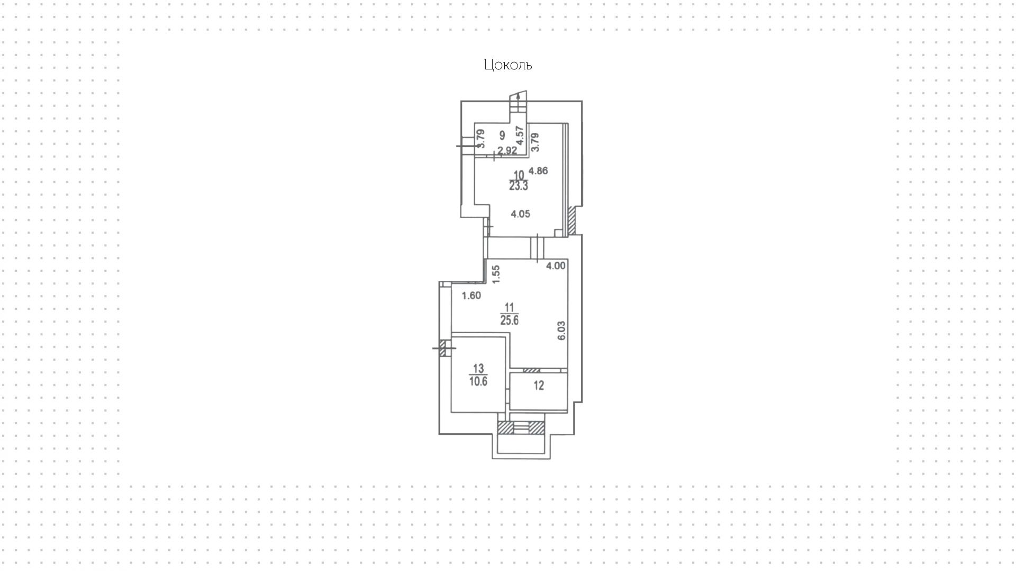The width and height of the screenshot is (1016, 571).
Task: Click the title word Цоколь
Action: coord(507,65)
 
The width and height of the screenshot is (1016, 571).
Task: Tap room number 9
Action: coord(502,136)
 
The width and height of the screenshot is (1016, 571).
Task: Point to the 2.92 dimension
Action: coord(507,150)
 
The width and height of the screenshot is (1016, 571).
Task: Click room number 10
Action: coord(519,175)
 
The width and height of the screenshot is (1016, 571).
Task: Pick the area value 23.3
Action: coord(519,186)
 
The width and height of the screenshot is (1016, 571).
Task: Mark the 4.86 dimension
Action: coord(538,171)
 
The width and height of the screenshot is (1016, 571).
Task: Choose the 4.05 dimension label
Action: coord(520,214)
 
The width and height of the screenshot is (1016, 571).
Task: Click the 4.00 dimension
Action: coord(556,266)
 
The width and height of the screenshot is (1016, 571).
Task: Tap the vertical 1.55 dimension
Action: coord(496,274)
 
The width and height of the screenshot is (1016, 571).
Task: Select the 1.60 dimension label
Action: coord(471,296)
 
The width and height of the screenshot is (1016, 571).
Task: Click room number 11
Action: coord(510,308)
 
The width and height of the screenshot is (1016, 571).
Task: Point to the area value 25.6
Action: coord(510,320)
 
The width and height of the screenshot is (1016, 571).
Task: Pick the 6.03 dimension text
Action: coord(561,331)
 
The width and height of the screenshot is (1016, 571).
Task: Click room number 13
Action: coord(478,369)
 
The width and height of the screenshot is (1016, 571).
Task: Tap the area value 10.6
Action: coord(478,381)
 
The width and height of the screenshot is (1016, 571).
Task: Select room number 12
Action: coord(539,386)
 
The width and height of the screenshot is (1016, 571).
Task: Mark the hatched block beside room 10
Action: coord(571,220)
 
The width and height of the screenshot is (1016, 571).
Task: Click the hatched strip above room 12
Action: coord(531,370)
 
